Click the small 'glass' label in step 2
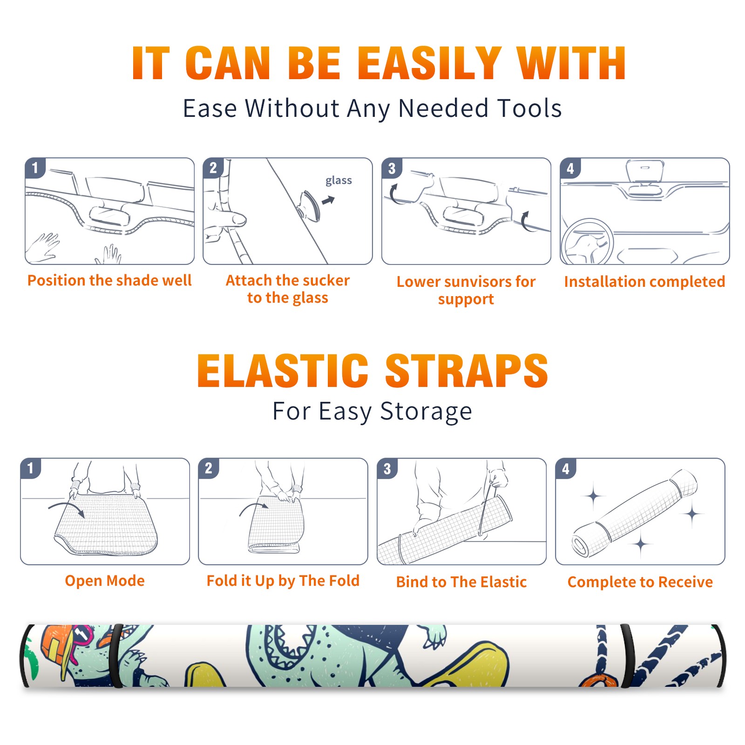coord(339,181)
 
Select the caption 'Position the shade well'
coord(109,280)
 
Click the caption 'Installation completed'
coord(644,281)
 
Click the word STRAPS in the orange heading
coord(467,371)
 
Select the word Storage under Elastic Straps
coord(426,412)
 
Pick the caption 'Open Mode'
coord(105,581)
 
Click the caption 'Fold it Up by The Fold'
coord(283,581)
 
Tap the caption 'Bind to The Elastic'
coord(461,582)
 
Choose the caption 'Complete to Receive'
coord(640,582)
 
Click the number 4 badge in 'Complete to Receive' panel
coord(566,468)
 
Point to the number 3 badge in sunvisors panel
coord(392,168)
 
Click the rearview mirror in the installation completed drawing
coord(645,171)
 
